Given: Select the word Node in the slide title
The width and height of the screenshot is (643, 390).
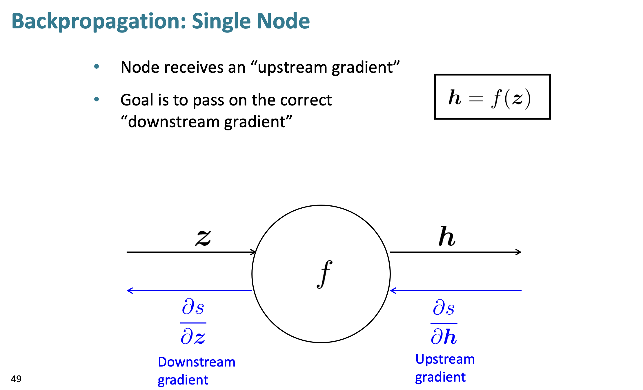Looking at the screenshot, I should (x=283, y=21).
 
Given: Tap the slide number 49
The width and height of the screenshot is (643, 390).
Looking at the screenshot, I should (x=16, y=379).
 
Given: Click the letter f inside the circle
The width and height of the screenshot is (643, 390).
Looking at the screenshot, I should (x=324, y=274).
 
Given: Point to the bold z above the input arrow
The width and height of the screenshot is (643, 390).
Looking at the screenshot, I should (x=203, y=238).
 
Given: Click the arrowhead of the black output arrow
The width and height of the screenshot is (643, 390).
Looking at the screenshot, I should (x=519, y=252).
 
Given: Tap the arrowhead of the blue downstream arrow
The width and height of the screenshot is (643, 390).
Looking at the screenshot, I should (x=130, y=290).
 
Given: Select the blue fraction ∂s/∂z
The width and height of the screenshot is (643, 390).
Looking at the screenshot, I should (x=193, y=322).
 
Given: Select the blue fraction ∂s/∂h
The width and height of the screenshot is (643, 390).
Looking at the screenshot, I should (x=444, y=322).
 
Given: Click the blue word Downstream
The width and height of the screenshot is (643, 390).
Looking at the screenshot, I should (x=197, y=362).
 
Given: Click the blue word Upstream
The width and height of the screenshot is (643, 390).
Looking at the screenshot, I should (x=445, y=359).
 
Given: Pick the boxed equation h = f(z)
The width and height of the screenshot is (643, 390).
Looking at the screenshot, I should (x=492, y=97).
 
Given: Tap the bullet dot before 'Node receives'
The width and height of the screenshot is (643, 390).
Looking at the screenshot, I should (x=97, y=67).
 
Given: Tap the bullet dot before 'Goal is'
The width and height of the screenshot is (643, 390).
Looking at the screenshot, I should (x=97, y=99).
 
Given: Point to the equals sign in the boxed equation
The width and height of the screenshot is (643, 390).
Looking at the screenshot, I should (x=476, y=99).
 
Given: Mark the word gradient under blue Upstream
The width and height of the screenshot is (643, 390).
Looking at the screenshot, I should (x=440, y=377).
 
